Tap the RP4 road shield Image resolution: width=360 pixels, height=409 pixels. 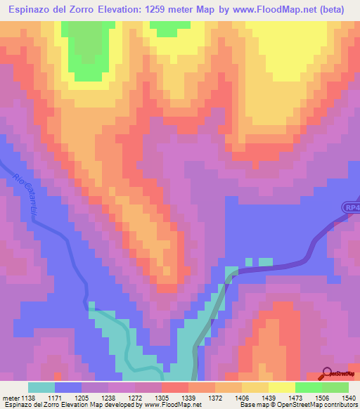[x=352, y=207]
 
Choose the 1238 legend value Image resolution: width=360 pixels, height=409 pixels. [x=108, y=398]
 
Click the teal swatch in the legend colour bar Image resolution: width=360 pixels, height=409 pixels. [x=41, y=387]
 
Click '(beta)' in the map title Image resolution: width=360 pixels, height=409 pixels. [x=339, y=11]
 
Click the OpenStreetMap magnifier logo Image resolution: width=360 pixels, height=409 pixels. [x=326, y=373]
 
